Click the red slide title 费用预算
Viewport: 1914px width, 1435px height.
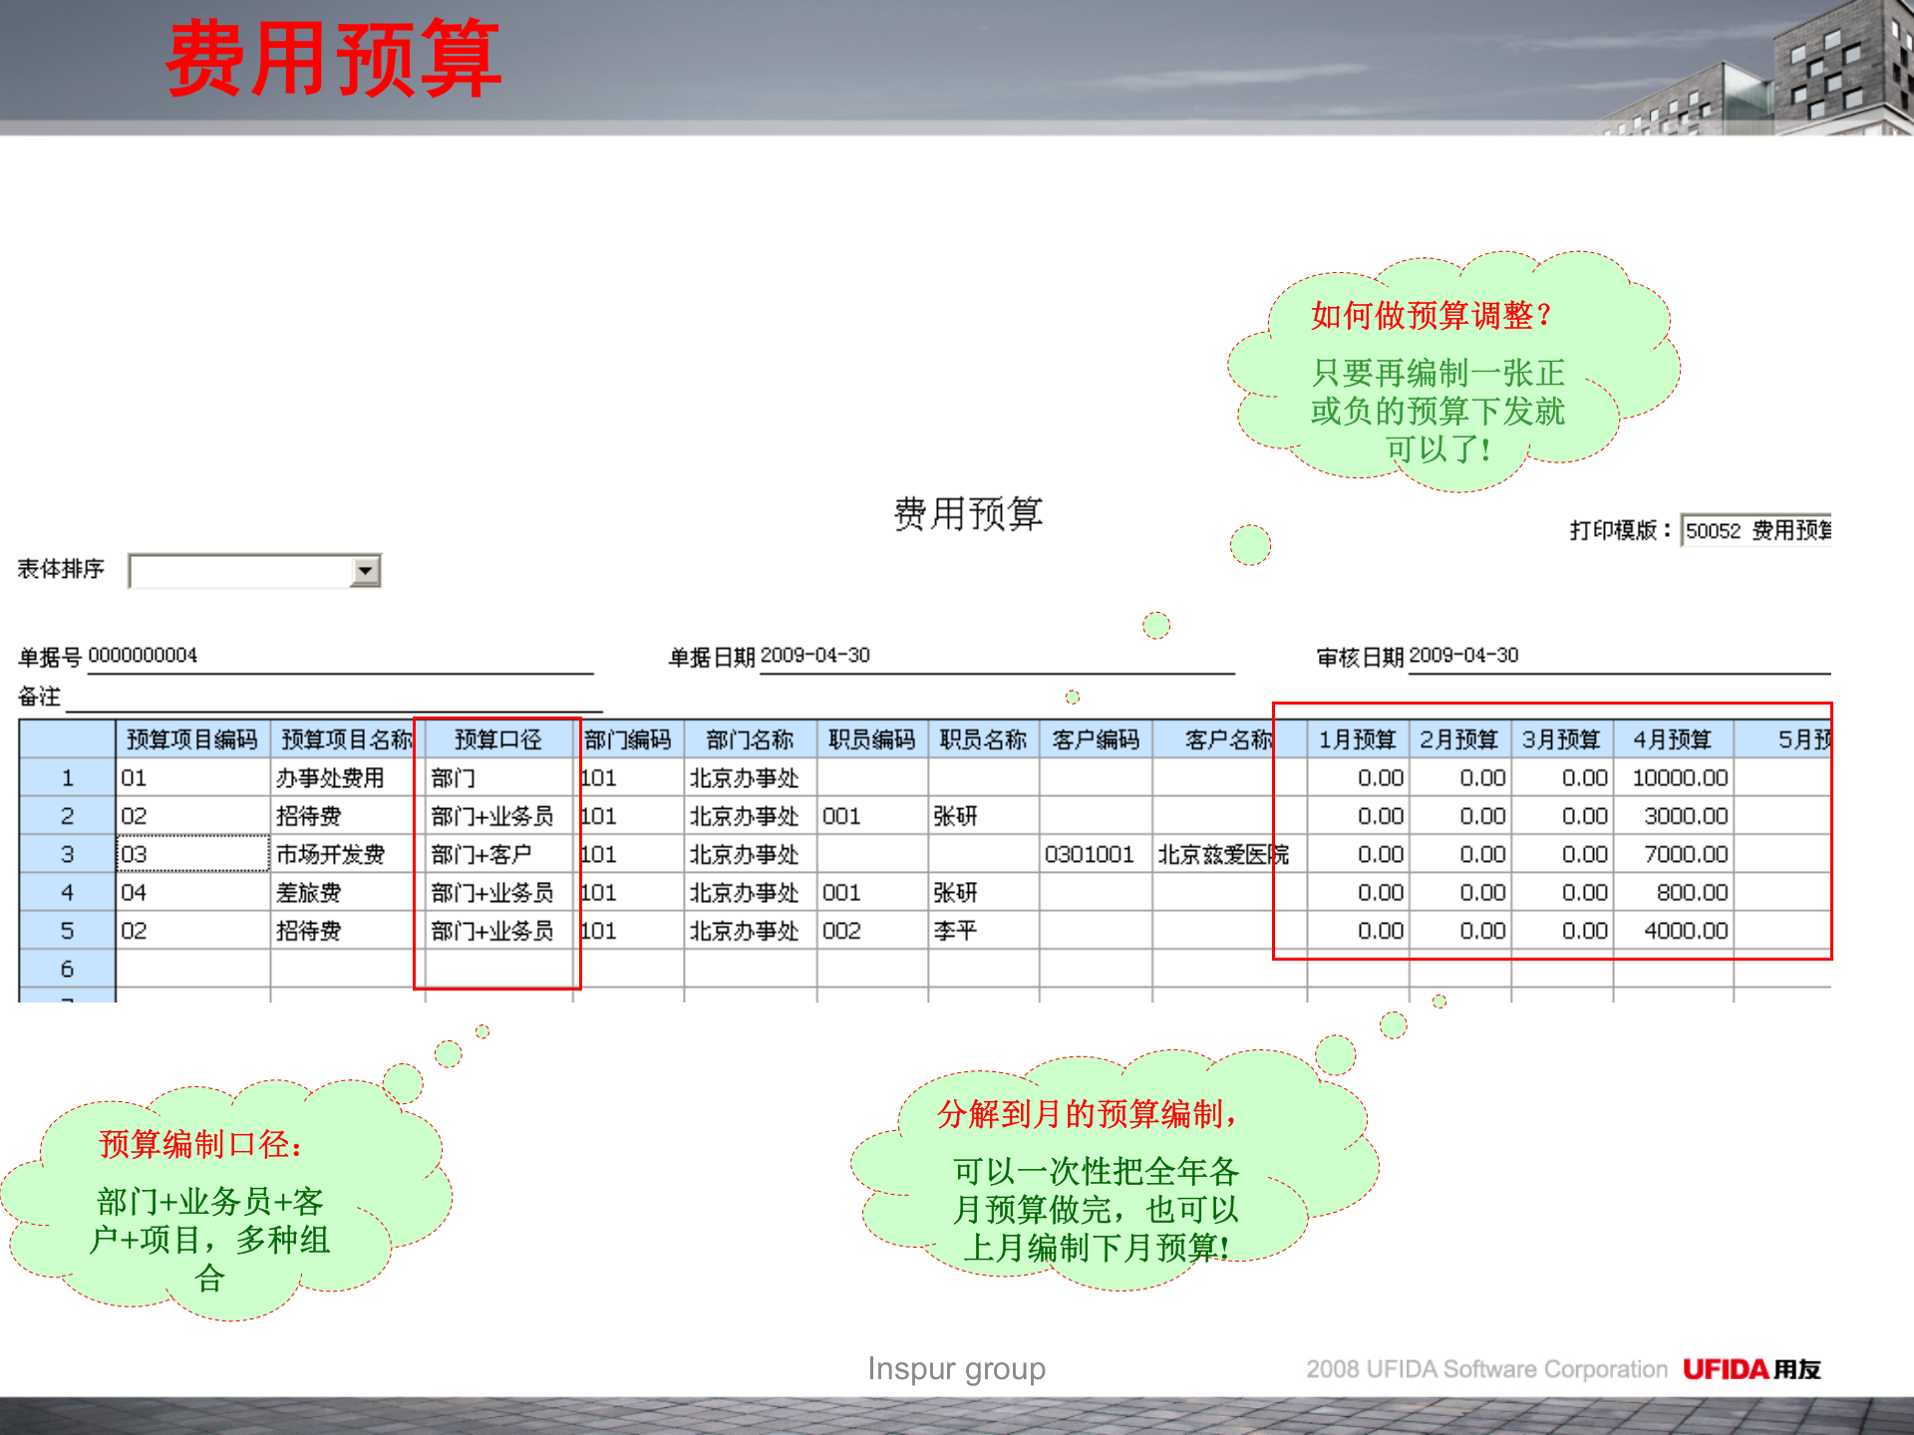point(333,60)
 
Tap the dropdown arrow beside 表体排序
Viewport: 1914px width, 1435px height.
point(366,570)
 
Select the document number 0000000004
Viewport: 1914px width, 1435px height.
point(143,655)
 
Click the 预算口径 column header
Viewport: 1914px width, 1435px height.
point(497,739)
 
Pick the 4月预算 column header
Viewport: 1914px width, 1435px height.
point(1672,739)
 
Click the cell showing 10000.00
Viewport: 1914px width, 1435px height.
point(1679,777)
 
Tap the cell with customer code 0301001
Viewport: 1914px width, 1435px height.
point(1089,854)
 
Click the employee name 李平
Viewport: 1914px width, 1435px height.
point(955,931)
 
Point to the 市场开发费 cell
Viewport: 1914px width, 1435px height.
point(330,854)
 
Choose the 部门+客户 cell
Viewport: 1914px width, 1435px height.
point(481,854)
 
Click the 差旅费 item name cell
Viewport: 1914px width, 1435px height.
point(309,892)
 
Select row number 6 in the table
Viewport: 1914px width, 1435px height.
point(67,969)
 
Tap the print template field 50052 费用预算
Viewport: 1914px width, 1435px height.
point(1756,530)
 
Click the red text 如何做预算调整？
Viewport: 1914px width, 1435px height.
point(1432,315)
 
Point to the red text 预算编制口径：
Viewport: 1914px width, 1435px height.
point(201,1144)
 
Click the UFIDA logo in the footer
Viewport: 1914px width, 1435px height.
point(1751,1369)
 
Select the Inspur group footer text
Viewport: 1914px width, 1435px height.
point(956,1369)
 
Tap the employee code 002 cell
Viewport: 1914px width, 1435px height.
point(841,931)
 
